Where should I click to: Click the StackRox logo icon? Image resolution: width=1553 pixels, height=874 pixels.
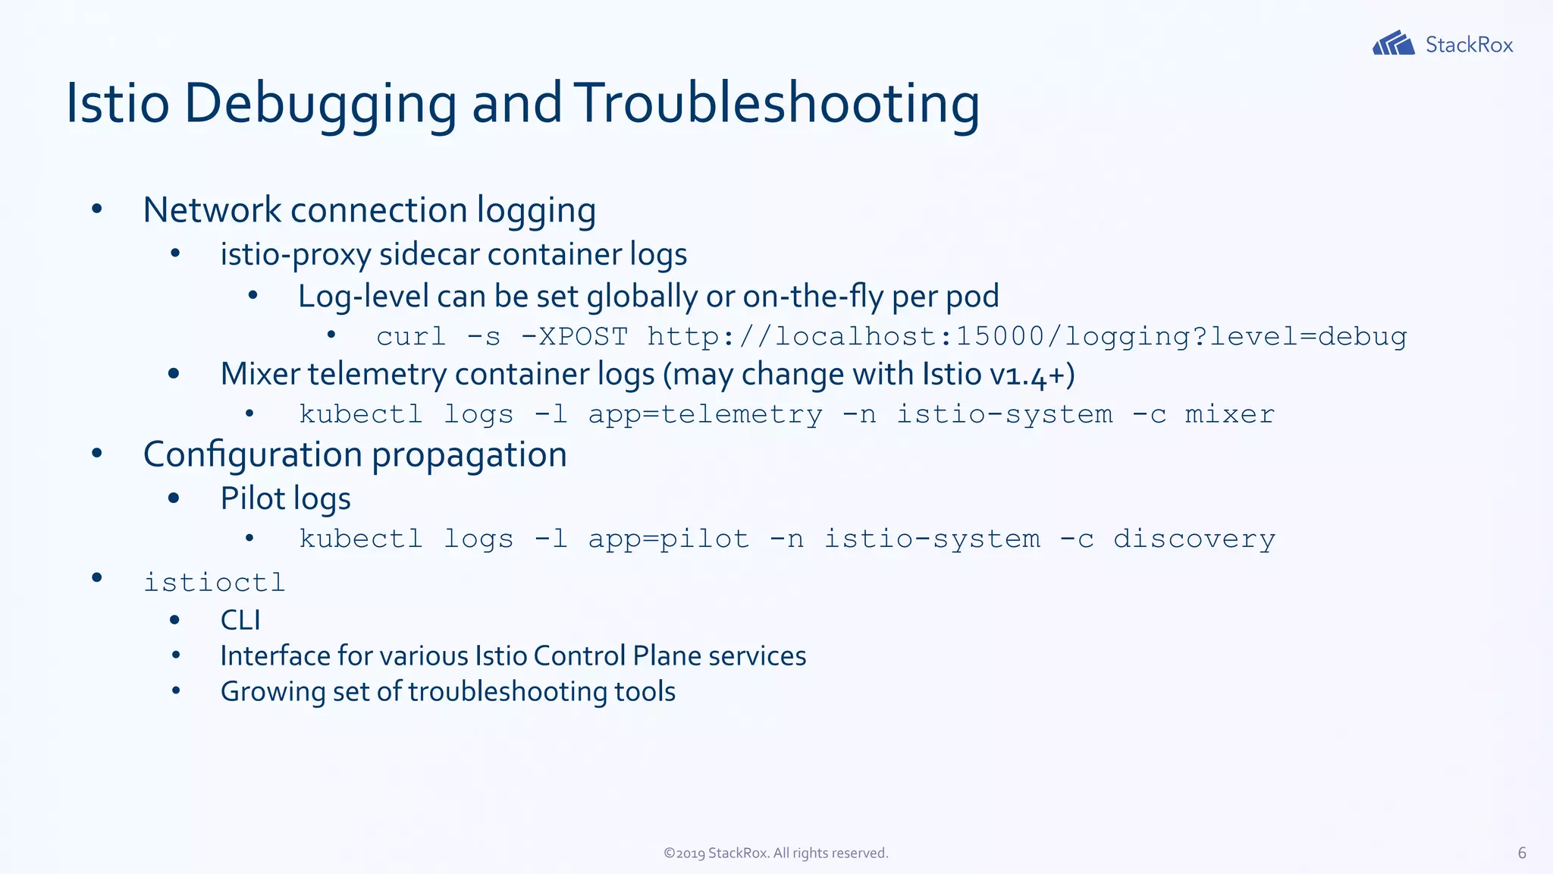[1393, 43]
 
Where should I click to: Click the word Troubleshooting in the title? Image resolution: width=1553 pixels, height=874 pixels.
[776, 103]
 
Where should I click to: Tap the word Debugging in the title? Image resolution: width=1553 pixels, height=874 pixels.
[320, 103]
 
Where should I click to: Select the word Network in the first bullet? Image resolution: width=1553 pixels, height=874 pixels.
[212, 210]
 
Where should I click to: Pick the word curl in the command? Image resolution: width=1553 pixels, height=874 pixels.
[411, 336]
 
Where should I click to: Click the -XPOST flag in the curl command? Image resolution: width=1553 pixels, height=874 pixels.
[575, 336]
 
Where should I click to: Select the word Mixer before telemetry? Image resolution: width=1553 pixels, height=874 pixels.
[260, 374]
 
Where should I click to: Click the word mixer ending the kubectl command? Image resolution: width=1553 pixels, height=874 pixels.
[1229, 414]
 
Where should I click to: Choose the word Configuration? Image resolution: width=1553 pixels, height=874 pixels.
[253, 455]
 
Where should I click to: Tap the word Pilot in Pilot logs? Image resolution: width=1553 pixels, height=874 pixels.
[253, 498]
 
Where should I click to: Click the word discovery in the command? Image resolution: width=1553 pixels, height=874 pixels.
[1194, 539]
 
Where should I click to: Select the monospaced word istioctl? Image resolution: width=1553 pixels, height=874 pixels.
[215, 583]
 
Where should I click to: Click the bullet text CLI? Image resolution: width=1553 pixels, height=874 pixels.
[240, 620]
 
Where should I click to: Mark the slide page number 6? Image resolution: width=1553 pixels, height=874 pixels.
[1521, 853]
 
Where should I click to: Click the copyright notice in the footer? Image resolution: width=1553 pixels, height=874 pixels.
[776, 853]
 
